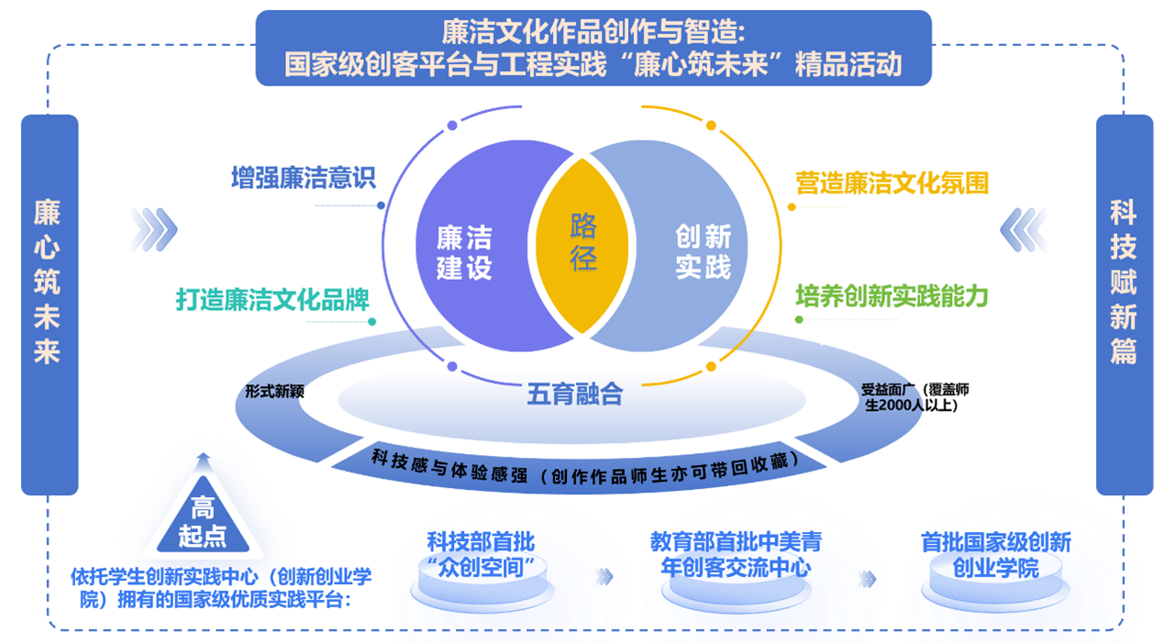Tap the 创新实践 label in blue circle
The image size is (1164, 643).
703,252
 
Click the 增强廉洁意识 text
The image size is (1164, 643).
304,177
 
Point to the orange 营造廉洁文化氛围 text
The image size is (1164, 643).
892,183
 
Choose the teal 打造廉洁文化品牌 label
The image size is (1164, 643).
272,299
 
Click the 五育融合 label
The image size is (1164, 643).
574,394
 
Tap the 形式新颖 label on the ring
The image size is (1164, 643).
274,391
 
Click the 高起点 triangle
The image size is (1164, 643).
203,517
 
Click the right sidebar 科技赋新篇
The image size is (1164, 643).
1123,283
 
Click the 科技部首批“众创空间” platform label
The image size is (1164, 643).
481,553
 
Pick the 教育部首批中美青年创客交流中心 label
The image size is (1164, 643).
736,554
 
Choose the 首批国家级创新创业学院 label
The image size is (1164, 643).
995,555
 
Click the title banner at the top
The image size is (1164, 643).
593,49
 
